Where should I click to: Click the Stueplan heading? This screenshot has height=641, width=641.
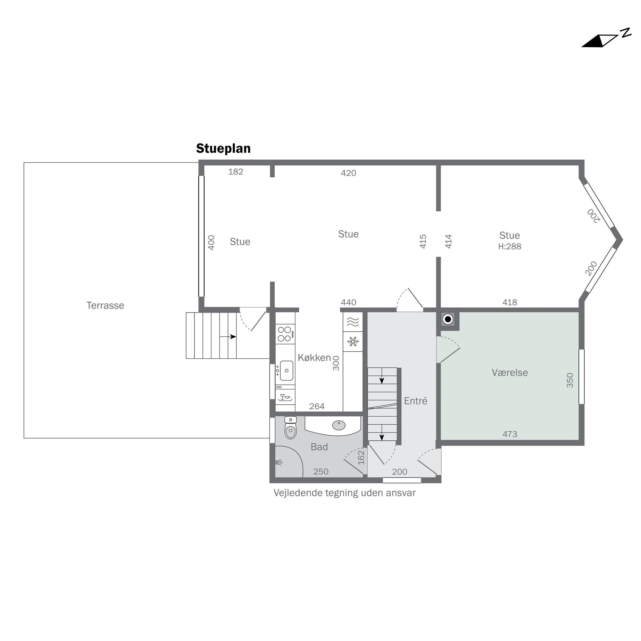223,149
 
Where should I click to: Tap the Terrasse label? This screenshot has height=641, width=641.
105,305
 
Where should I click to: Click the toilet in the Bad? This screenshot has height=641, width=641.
290,428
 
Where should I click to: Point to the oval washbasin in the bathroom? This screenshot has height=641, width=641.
339,425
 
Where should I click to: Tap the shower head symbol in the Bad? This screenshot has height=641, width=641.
279,462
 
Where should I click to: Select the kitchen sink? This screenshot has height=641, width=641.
286,371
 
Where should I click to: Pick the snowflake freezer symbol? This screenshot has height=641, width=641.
353,341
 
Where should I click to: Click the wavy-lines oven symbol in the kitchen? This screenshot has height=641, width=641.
353,321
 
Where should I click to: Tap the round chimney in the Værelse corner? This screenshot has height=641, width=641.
448,319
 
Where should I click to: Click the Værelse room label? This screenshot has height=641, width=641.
510,372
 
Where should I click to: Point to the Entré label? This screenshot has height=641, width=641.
415,401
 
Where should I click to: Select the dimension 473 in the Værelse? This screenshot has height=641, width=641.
510,434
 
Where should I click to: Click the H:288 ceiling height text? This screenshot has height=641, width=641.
510,246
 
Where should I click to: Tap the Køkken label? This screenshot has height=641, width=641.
314,357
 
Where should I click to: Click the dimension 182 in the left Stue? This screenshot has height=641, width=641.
236,172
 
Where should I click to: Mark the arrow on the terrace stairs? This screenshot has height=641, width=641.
228,337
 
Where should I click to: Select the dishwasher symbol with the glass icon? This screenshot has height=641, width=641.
285,397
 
